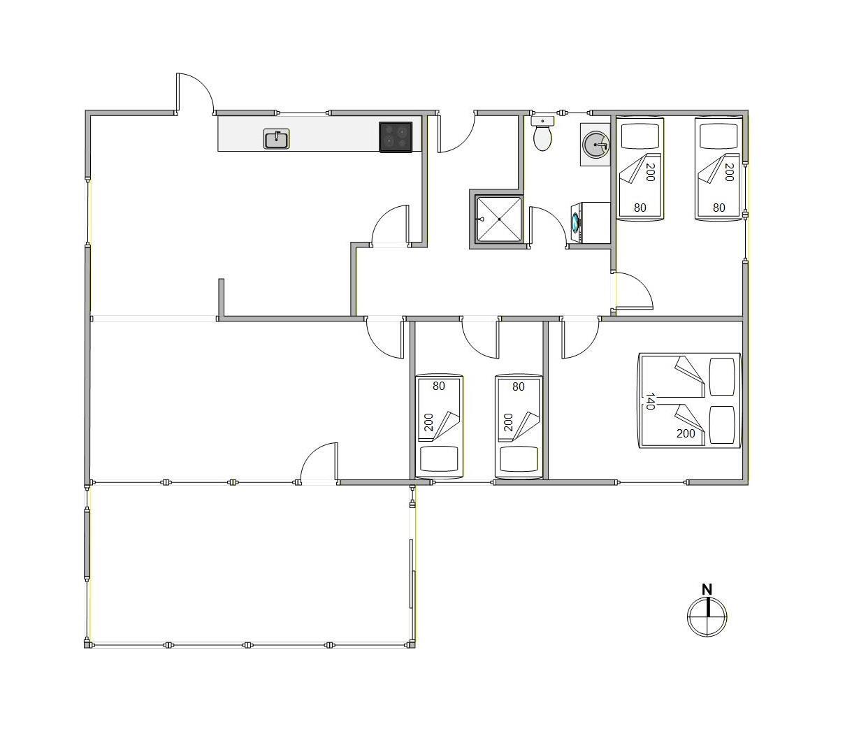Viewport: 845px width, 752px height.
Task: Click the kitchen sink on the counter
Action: click(x=276, y=139)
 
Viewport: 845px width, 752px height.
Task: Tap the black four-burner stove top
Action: click(x=396, y=137)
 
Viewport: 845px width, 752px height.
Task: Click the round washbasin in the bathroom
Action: click(x=595, y=145)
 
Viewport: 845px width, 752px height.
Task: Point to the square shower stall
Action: click(x=499, y=219)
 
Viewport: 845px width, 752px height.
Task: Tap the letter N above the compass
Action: click(x=707, y=590)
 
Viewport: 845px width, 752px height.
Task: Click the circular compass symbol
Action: click(x=707, y=617)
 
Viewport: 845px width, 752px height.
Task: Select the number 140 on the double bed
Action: click(x=650, y=401)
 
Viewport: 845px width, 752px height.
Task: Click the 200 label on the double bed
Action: click(x=685, y=433)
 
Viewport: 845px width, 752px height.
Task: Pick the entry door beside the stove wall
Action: click(x=456, y=133)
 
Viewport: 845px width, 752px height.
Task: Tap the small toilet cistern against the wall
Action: click(x=542, y=120)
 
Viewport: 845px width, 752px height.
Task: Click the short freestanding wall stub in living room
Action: click(x=221, y=298)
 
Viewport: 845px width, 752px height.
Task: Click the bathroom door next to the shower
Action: click(x=548, y=227)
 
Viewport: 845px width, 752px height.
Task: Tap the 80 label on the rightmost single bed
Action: click(x=718, y=208)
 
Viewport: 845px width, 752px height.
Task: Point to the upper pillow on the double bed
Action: click(x=722, y=377)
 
